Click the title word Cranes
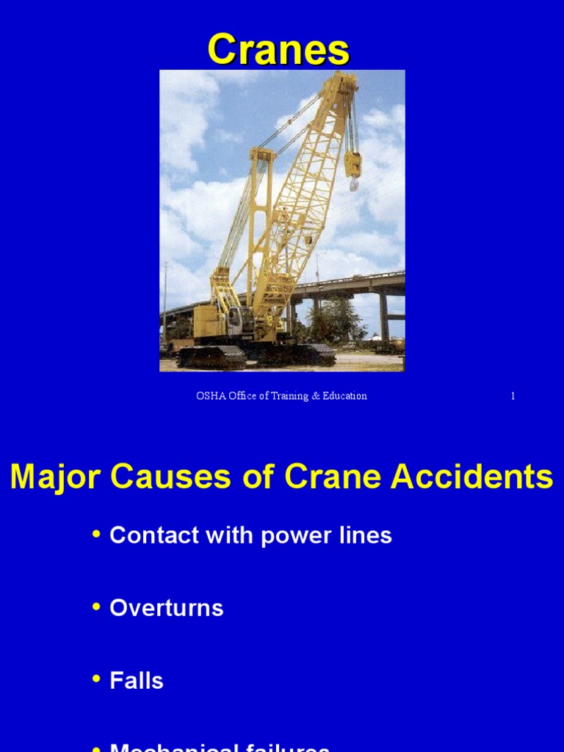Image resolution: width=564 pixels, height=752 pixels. pyautogui.click(x=278, y=51)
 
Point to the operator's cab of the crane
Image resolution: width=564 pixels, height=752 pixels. pyautogui.click(x=239, y=319)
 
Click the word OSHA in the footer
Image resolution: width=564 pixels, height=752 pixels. pyautogui.click(x=208, y=396)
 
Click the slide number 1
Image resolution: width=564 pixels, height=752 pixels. pyautogui.click(x=513, y=396)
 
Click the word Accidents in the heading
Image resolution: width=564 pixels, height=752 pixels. pyautogui.click(x=471, y=477)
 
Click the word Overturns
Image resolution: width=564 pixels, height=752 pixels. pyautogui.click(x=167, y=608)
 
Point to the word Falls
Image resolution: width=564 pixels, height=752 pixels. pyautogui.click(x=137, y=681)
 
